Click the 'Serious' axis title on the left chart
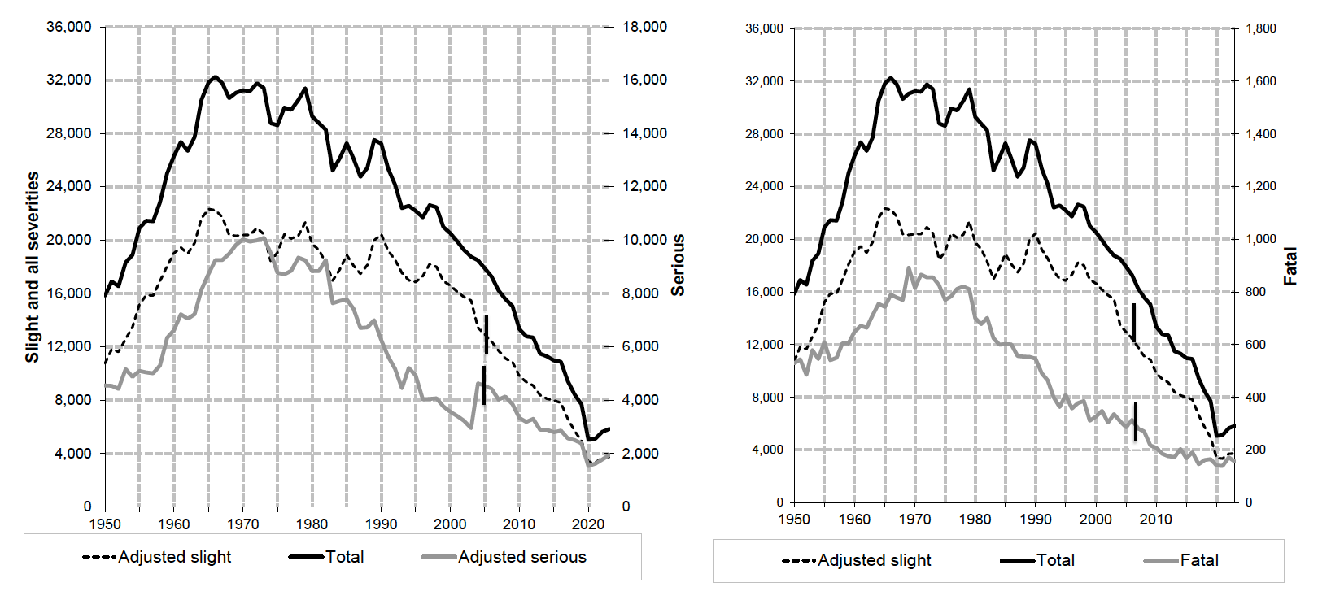pyautogui.click(x=678, y=265)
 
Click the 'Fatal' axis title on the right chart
pyautogui.click(x=1290, y=266)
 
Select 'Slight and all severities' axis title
pyautogui.click(x=33, y=267)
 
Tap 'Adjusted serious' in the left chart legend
pyautogui.click(x=521, y=557)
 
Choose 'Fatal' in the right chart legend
pyautogui.click(x=1199, y=560)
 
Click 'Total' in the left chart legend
pyautogui.click(x=344, y=557)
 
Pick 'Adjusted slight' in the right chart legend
pyautogui.click(x=874, y=560)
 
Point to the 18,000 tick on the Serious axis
pyautogui.click(x=644, y=27)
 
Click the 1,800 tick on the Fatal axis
pyautogui.click(x=1261, y=28)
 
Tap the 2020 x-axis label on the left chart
pyautogui.click(x=588, y=524)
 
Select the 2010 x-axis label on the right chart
pyautogui.click(x=1155, y=520)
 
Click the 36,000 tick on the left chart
pyautogui.click(x=69, y=27)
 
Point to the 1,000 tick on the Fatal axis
pyautogui.click(x=1261, y=239)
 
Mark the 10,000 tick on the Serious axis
pyautogui.click(x=644, y=240)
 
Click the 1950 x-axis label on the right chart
pyautogui.click(x=794, y=520)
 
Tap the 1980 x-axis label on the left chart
pyautogui.click(x=312, y=524)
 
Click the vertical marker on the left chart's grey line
pyautogui.click(x=484, y=385)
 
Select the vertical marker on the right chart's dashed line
pyautogui.click(x=1134, y=321)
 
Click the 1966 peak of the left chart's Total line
pyautogui.click(x=216, y=77)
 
